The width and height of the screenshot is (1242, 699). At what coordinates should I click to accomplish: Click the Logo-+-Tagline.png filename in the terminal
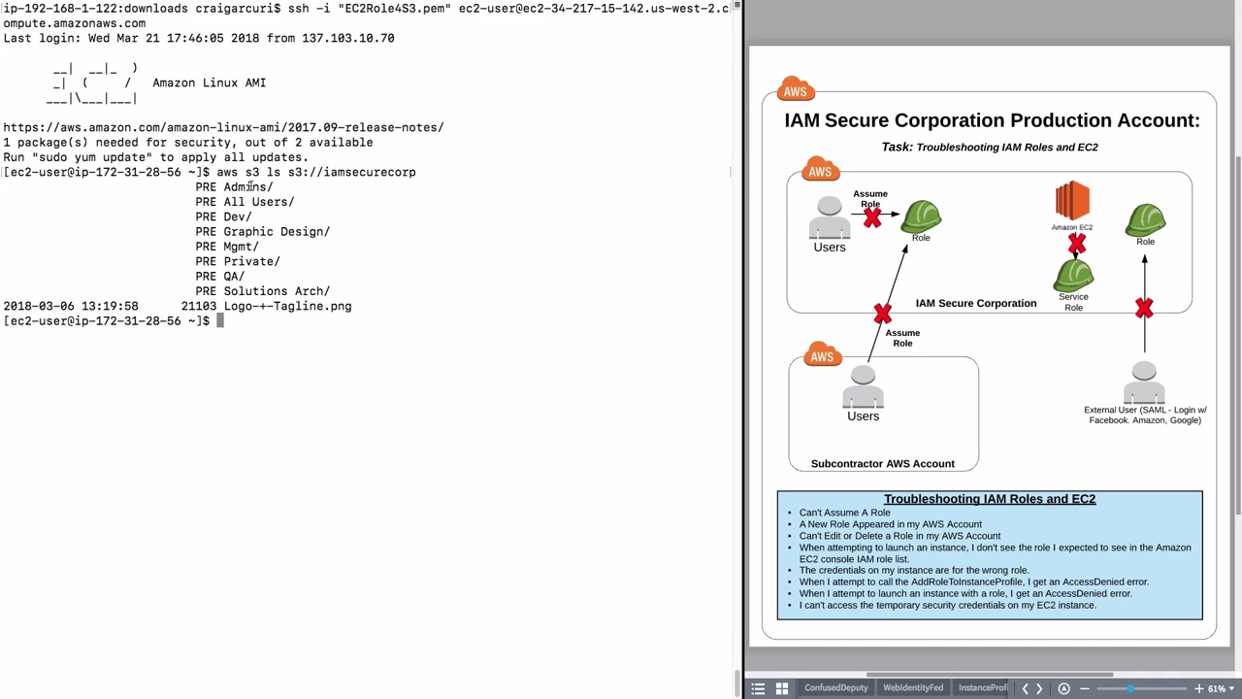click(x=287, y=306)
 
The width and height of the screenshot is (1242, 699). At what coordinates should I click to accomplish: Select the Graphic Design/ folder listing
click(x=276, y=232)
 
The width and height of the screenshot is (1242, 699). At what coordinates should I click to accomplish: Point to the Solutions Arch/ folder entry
click(x=276, y=291)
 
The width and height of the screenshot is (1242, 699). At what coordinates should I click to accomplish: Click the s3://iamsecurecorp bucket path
click(x=351, y=172)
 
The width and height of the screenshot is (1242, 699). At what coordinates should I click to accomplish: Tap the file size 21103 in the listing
click(x=199, y=306)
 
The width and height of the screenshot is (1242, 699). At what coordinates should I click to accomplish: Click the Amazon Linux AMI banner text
click(x=209, y=83)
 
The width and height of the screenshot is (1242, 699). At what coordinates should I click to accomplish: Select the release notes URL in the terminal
click(x=223, y=127)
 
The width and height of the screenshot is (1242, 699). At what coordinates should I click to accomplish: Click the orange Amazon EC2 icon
click(x=1072, y=201)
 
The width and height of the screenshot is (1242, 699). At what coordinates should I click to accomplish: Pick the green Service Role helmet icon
click(x=1073, y=276)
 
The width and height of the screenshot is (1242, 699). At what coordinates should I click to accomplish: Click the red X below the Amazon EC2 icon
click(x=1077, y=245)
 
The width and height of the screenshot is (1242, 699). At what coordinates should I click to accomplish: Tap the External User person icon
click(x=1144, y=383)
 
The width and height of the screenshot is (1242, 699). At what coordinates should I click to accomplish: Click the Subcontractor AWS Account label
click(x=882, y=464)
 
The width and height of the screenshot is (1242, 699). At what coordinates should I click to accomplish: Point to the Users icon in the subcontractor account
click(x=863, y=387)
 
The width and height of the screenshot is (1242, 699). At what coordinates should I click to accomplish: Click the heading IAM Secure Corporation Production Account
click(x=992, y=120)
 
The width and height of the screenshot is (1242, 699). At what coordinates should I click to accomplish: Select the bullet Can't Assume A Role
click(x=844, y=513)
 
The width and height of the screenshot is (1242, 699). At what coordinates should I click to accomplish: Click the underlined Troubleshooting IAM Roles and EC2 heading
click(x=989, y=499)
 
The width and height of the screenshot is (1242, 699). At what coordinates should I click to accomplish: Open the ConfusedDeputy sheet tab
click(x=835, y=688)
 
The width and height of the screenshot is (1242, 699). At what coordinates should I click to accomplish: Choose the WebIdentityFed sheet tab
click(x=912, y=688)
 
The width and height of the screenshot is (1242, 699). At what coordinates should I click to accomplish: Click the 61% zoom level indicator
click(x=1216, y=688)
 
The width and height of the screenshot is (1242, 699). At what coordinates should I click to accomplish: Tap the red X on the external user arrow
click(x=1144, y=309)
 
